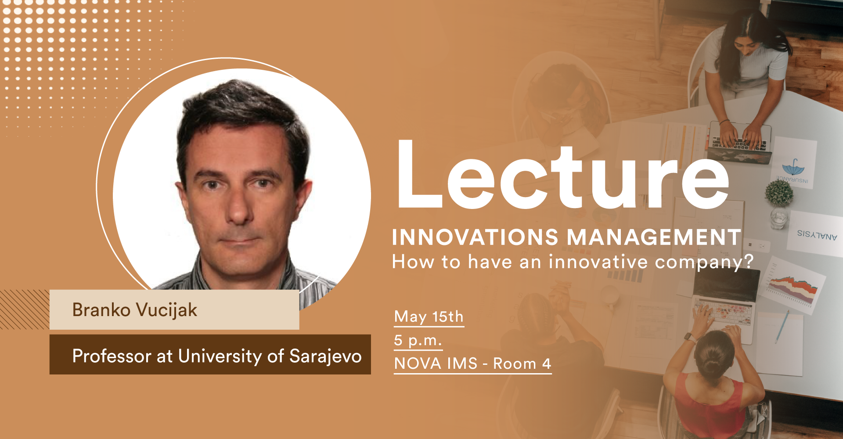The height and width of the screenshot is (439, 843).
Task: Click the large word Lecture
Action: pos(563,174)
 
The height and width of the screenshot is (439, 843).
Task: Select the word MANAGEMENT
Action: pos(654,237)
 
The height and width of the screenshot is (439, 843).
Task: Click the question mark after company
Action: pos(748,261)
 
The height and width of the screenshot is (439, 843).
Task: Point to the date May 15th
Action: pos(429,317)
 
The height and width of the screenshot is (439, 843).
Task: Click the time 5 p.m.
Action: pos(418,340)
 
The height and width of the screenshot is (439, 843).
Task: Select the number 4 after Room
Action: pos(546,363)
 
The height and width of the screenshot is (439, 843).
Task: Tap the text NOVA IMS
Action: pos(436,363)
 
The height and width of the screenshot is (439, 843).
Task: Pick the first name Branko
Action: pos(101,310)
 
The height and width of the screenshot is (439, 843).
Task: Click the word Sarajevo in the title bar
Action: pos(325,356)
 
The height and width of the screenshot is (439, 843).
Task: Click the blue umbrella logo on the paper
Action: pos(793,167)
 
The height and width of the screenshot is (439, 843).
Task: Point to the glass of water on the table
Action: pos(779,218)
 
